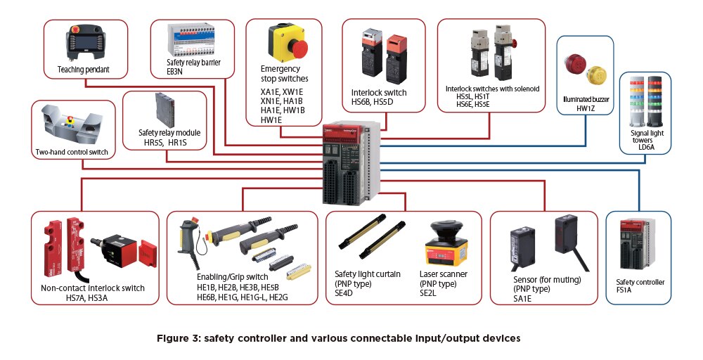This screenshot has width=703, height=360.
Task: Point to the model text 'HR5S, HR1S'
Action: pos(164,143)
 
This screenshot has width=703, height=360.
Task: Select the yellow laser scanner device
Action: pos(446,247)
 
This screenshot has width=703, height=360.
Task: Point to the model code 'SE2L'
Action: pos(427,294)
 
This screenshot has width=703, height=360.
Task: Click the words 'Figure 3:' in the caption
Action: pos(181,338)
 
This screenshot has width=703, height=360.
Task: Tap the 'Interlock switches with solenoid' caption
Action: pos(492,89)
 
